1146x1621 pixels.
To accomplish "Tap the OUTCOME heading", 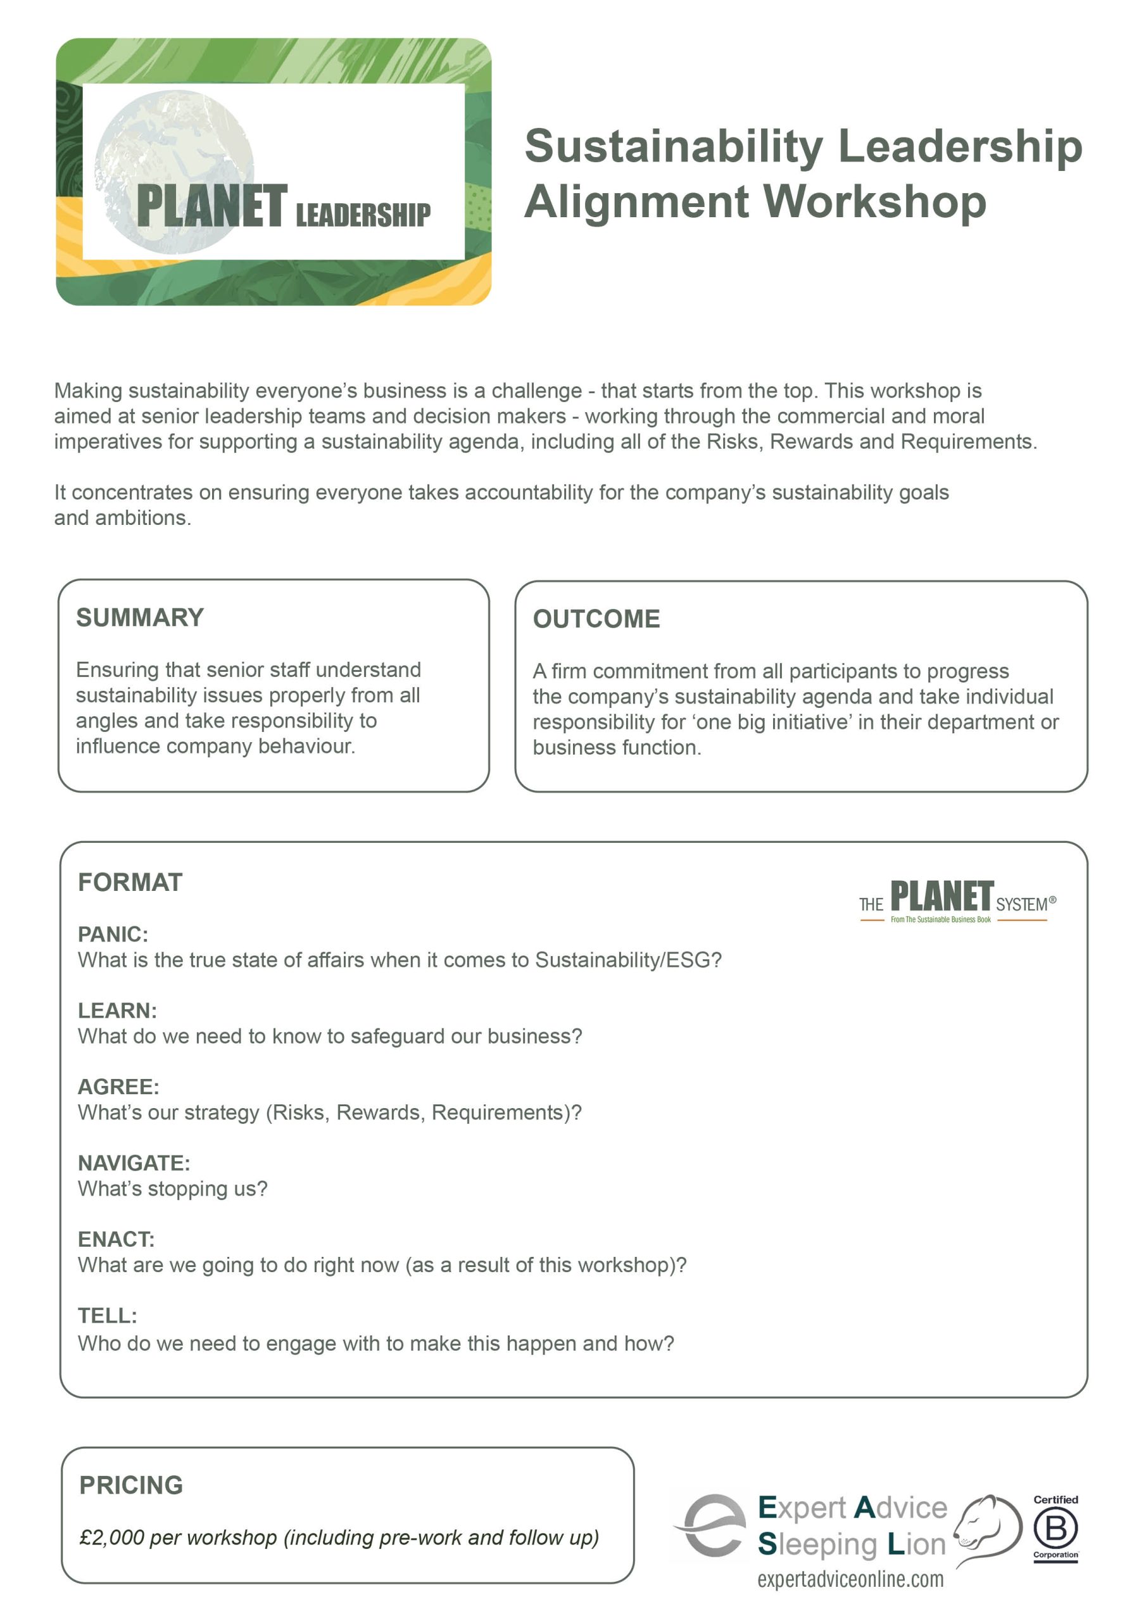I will click(x=596, y=619).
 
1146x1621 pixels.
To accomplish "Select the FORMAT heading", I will click(x=130, y=882).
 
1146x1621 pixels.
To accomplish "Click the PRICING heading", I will click(x=130, y=1485).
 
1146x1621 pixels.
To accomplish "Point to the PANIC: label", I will click(x=113, y=934).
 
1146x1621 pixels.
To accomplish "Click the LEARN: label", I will click(x=117, y=1011).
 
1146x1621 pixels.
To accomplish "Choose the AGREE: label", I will click(x=118, y=1087).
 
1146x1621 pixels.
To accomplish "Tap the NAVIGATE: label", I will click(x=134, y=1163).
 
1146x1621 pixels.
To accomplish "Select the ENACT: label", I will click(x=116, y=1239).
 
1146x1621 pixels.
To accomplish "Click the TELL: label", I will click(x=108, y=1315).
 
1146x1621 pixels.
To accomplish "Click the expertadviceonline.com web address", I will click(x=850, y=1579).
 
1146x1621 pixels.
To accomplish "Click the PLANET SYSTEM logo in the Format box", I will click(x=957, y=901).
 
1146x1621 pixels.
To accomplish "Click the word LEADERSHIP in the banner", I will click(x=363, y=214).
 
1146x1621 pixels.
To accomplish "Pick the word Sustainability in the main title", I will click(x=674, y=146).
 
